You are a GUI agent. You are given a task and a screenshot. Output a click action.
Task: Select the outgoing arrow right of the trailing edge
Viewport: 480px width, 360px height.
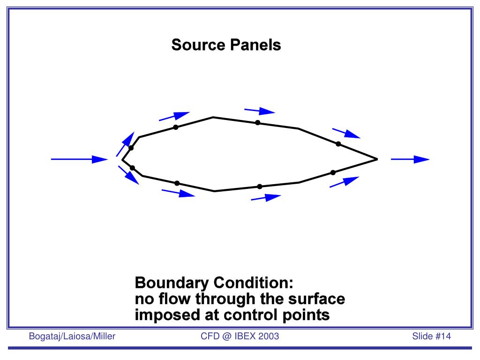pos(410,159)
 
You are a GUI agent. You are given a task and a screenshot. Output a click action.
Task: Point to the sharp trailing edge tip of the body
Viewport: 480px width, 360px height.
pos(377,159)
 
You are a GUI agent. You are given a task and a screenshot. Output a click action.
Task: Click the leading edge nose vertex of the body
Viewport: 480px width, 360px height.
pos(122,160)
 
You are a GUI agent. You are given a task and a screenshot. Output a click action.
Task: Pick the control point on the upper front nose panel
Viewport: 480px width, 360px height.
pos(131,148)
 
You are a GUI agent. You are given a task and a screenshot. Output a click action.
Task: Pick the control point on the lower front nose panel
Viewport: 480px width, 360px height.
pos(132,168)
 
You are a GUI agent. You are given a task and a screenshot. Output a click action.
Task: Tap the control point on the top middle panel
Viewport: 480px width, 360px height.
pos(258,123)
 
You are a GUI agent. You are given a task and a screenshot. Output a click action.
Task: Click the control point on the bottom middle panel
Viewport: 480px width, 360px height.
pos(260,187)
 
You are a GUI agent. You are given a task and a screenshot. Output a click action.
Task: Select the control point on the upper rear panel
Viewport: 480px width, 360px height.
pos(338,143)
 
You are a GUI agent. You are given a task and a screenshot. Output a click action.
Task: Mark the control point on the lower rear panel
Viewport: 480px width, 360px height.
pos(333,172)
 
